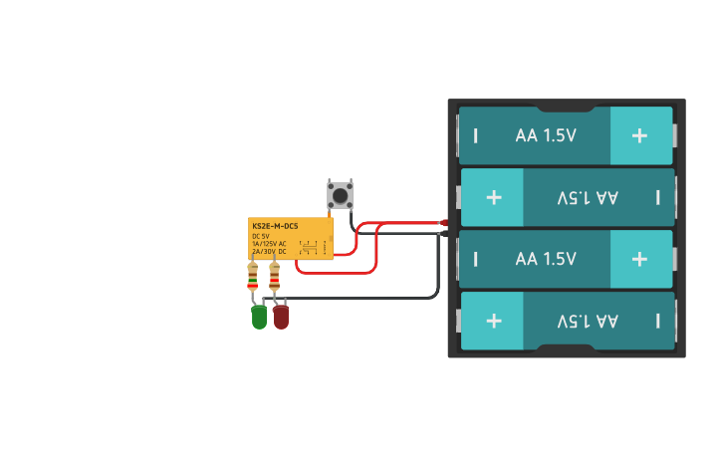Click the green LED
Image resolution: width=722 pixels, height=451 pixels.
point(259,318)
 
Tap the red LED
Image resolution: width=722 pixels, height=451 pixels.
point(281,318)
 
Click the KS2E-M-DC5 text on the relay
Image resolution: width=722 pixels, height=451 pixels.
point(275,227)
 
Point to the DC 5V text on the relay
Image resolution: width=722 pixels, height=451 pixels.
point(261,236)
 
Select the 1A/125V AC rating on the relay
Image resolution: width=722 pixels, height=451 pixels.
point(269,244)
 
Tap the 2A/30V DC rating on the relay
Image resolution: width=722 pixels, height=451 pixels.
point(269,252)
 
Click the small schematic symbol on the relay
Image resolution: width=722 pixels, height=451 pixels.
point(309,246)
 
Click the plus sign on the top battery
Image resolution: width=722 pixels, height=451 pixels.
point(639,134)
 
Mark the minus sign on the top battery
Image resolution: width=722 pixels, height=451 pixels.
point(475,135)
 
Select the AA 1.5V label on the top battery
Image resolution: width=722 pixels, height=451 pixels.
point(546,135)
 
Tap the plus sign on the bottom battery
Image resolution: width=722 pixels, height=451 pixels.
point(493,321)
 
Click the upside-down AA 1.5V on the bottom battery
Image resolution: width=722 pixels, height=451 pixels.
point(588,321)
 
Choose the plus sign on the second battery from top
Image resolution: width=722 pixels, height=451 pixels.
point(493,197)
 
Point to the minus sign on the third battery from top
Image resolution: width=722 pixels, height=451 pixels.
point(475,259)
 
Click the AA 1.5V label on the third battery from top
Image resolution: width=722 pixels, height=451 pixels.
point(546,259)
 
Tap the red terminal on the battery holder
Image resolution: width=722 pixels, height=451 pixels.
point(444,222)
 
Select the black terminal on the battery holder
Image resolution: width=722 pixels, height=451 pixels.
point(444,234)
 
